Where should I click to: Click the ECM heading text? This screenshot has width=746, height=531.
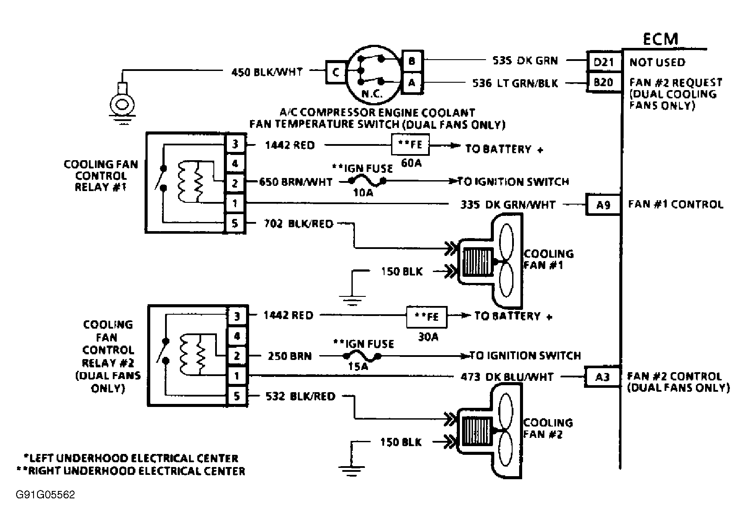(x=660, y=39)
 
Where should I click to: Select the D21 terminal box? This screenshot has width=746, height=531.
(x=604, y=62)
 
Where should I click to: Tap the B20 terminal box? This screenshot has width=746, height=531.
(x=604, y=82)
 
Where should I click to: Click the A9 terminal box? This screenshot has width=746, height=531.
(x=603, y=205)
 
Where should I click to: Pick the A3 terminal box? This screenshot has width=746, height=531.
(x=602, y=377)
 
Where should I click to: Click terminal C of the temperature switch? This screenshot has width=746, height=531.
(x=336, y=72)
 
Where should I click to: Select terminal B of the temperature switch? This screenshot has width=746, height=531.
(x=412, y=61)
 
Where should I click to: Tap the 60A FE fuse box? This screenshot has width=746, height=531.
(x=410, y=145)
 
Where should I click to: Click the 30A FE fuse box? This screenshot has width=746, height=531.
(x=427, y=317)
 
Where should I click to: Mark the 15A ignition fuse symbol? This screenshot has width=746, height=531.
(x=361, y=356)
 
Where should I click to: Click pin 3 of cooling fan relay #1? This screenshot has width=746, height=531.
(x=236, y=144)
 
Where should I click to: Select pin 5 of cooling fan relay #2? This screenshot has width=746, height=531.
(x=237, y=396)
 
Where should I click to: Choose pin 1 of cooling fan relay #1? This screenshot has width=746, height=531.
(x=236, y=203)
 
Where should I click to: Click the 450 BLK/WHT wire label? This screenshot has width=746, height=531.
(x=267, y=72)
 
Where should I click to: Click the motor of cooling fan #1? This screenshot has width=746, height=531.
(x=478, y=262)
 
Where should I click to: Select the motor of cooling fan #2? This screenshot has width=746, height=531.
(x=477, y=431)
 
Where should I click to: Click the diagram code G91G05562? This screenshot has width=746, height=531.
(x=45, y=495)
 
